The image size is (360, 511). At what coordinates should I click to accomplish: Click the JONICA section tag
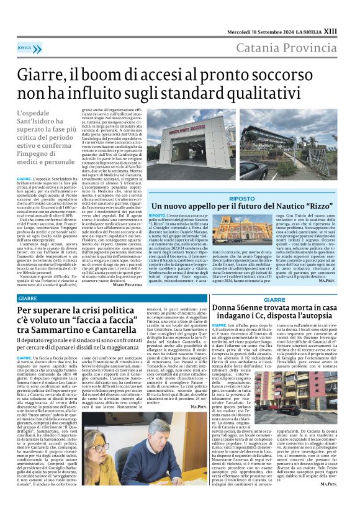coord(25,47)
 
